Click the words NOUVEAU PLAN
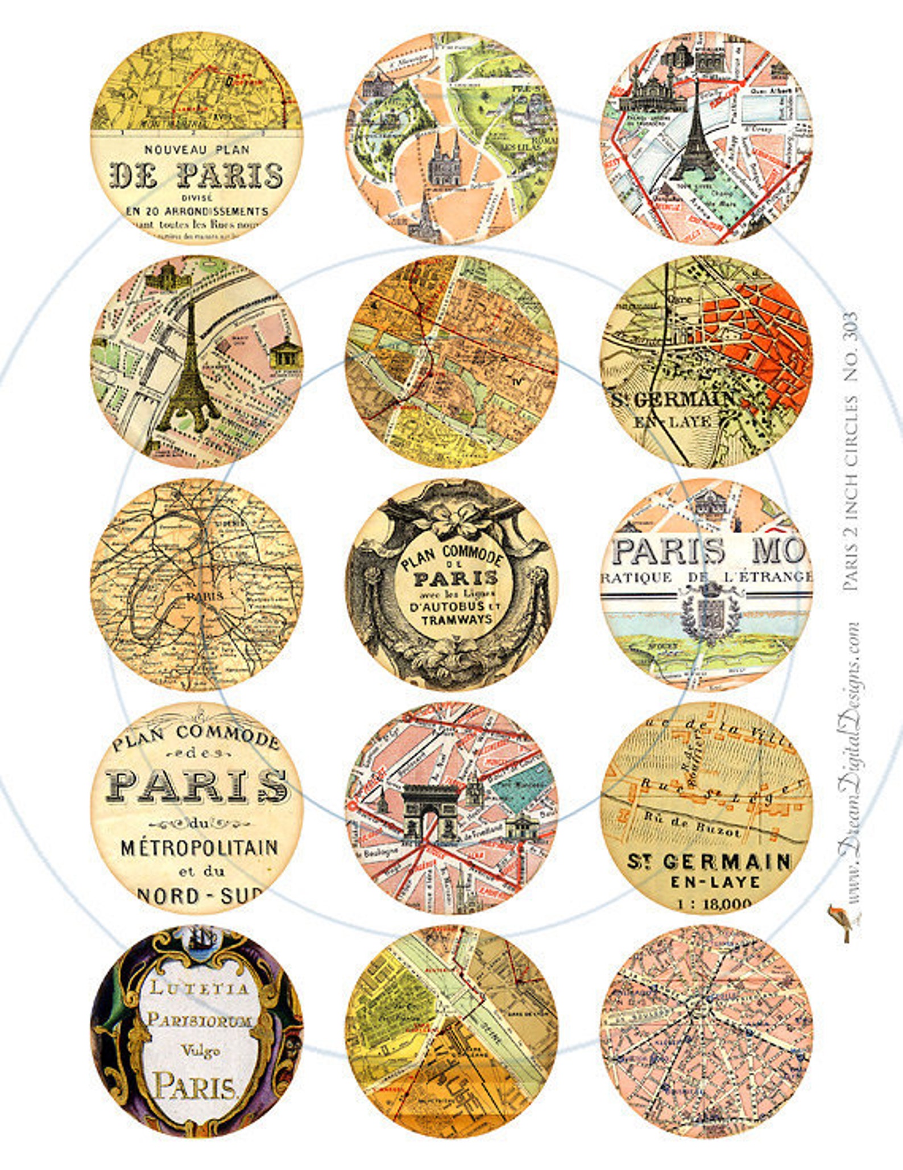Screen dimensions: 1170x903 click(x=196, y=150)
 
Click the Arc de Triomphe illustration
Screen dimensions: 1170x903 click(x=430, y=811)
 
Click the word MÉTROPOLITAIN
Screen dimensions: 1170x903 click(x=199, y=847)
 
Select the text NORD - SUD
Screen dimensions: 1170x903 click(x=199, y=896)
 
